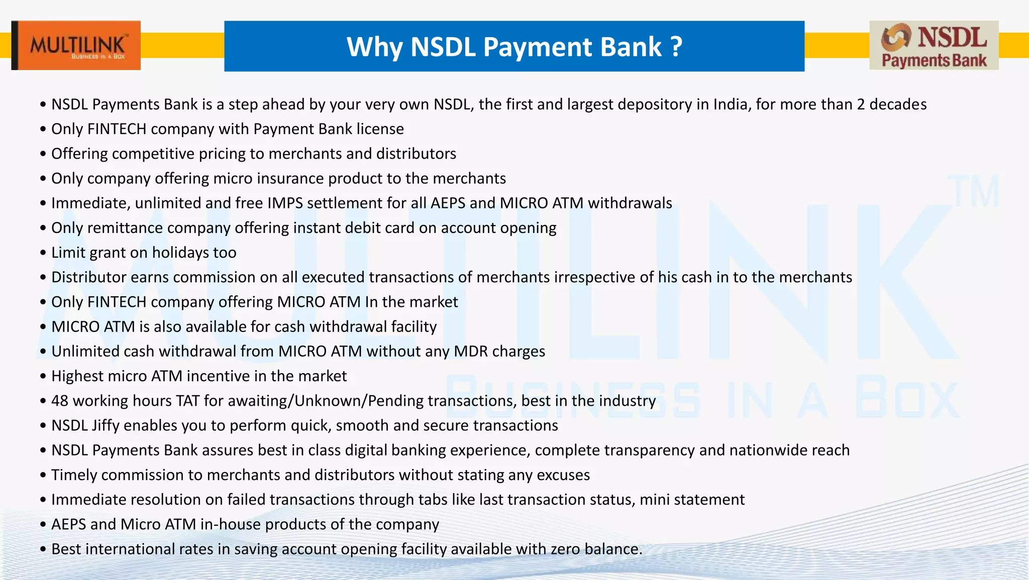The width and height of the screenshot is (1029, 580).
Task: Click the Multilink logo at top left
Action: click(x=76, y=45)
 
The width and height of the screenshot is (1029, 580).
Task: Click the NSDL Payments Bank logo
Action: click(x=934, y=45)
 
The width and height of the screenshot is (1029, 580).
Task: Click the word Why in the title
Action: click(x=374, y=47)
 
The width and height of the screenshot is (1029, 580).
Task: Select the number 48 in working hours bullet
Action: click(x=59, y=401)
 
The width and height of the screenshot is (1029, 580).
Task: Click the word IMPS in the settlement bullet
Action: click(x=285, y=203)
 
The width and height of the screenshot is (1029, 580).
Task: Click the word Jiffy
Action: click(x=106, y=426)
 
